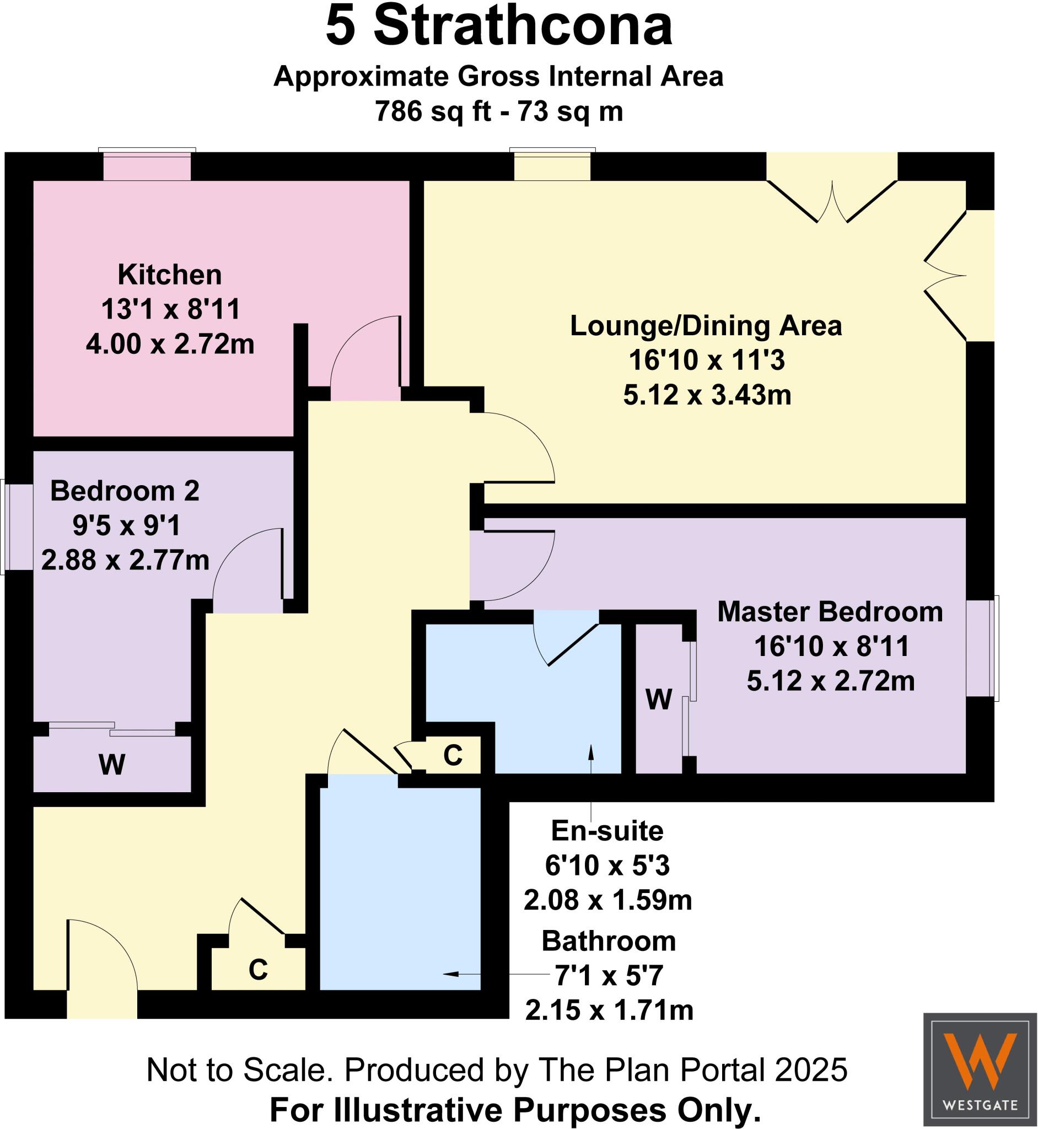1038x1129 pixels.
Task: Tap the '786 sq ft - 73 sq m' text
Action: pos(499,111)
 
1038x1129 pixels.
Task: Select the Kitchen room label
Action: pos(170,275)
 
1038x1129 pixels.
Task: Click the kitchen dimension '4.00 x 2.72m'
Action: pos(170,344)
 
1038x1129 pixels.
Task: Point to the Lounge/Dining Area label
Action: pos(706,326)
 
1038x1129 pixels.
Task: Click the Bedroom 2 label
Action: pos(125,491)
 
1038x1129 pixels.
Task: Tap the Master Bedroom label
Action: pos(830,612)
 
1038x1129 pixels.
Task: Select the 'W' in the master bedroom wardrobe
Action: pos(658,700)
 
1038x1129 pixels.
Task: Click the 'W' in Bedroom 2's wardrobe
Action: pos(112,765)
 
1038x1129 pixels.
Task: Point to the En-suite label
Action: pos(607,830)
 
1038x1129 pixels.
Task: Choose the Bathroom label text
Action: pos(609,941)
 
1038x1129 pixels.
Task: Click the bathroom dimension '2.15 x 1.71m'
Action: pos(609,1010)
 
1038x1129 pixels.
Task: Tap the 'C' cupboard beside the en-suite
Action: pos(453,755)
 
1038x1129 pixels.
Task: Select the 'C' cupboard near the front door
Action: pos(258,970)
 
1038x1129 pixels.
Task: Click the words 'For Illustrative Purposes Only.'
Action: pos(515,1110)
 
